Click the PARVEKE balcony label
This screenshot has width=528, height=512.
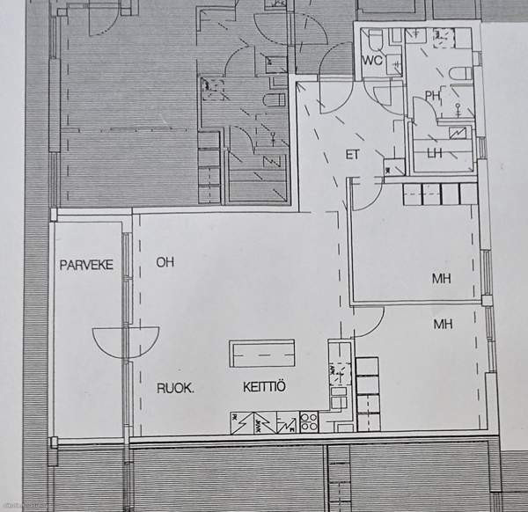[86, 265]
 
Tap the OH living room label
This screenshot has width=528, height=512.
[165, 262]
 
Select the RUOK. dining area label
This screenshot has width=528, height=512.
[175, 389]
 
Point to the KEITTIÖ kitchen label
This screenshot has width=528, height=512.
[264, 387]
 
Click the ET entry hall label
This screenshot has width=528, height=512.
[352, 155]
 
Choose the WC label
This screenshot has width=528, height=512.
[372, 60]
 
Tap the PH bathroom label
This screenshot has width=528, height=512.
[433, 96]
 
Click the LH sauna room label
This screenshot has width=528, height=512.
[435, 153]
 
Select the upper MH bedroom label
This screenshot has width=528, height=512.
[442, 278]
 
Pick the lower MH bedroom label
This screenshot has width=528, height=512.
[443, 324]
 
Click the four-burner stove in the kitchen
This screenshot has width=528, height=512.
[309, 422]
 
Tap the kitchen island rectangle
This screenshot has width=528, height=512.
[262, 354]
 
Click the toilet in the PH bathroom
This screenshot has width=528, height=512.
[461, 74]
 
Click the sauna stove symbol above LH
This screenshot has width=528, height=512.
[458, 134]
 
